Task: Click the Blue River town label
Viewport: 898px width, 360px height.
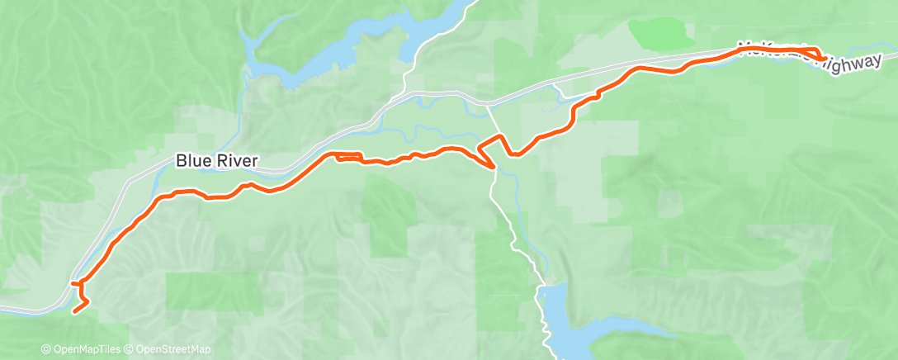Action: coord(216,161)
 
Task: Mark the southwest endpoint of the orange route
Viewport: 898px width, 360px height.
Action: coord(75,311)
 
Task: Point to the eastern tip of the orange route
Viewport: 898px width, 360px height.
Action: coord(827,57)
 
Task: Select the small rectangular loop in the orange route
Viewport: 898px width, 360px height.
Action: coord(347,156)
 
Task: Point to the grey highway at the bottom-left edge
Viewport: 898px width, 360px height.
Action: coord(25,310)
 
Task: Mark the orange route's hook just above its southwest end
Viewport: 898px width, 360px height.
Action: coord(78,285)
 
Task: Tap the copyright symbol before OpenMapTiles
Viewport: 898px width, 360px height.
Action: coord(45,349)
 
